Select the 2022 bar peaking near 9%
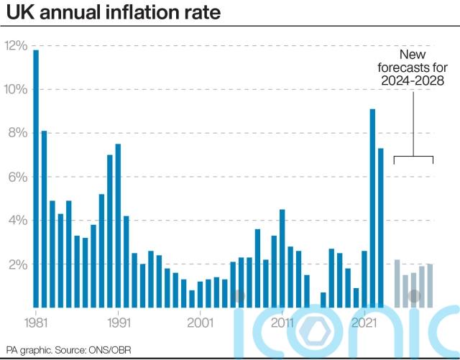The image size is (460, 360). [x=372, y=208]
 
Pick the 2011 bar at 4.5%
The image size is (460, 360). [x=282, y=258]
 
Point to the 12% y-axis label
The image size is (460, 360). [x=15, y=46]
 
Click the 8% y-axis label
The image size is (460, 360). [x=17, y=133]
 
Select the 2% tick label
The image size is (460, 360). [x=17, y=264]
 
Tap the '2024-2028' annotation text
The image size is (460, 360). [x=413, y=80]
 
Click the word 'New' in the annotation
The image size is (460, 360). [x=413, y=55]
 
